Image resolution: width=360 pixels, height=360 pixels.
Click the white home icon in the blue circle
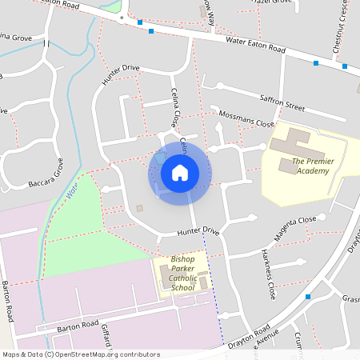[x=180, y=172]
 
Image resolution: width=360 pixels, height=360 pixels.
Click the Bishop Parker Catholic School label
[x=182, y=274]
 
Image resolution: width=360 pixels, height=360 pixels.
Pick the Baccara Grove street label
[x=48, y=176]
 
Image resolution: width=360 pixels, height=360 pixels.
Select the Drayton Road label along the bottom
[x=247, y=332]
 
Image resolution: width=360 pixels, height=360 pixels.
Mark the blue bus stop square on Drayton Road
[x=307, y=297]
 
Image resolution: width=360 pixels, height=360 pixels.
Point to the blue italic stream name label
[x=71, y=192]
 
